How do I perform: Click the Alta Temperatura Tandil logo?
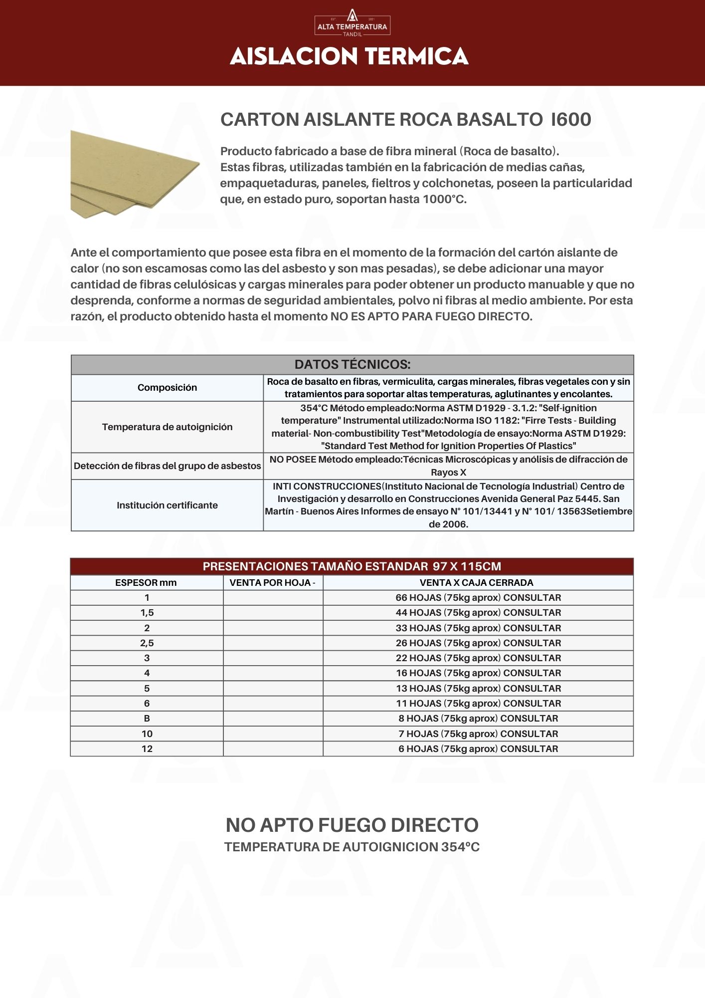pos(352,23)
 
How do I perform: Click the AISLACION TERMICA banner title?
pos(349,56)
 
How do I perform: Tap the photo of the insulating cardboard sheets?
pos(135,173)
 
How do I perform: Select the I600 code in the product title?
pos(571,120)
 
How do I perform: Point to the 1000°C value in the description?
pos(444,200)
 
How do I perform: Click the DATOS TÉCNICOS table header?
pos(352,365)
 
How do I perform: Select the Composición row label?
pos(167,388)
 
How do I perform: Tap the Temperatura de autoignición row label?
pos(167,427)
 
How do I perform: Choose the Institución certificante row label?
pos(167,505)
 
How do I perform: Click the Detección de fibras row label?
pos(167,466)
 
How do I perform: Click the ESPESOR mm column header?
pos(146,583)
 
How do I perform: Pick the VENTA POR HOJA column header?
pos(272,583)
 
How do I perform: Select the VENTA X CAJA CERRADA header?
pos(477,583)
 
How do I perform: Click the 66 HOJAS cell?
pos(478,598)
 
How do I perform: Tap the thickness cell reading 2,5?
pos(147,643)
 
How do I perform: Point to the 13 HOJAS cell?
pos(478,689)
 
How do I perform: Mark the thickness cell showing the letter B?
pos(147,719)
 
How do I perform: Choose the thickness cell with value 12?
pos(147,749)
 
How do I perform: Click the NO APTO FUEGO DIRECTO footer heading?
pos(352,825)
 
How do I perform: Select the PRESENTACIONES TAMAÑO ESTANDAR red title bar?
pos(352,567)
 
